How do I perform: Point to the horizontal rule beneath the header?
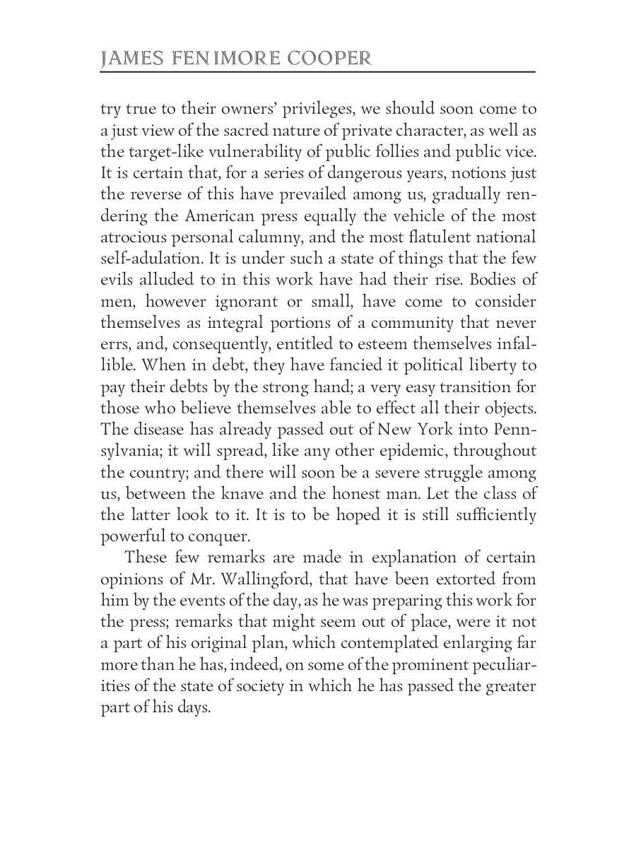318,72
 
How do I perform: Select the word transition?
462,387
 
